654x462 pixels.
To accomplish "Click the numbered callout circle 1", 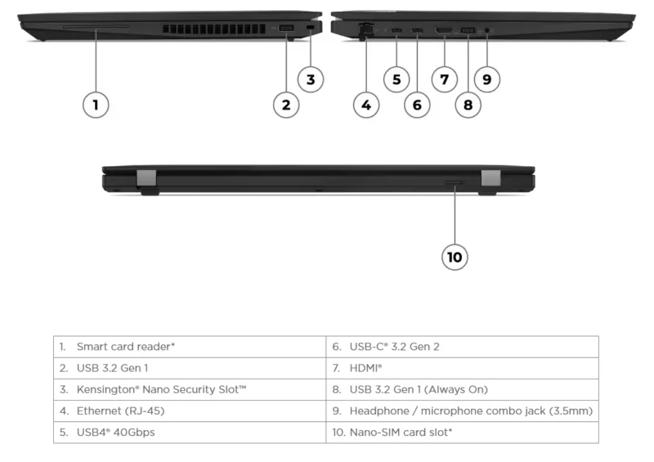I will point(96,104).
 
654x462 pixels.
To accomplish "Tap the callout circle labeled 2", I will point(285,104).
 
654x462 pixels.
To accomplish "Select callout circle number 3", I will point(310,79).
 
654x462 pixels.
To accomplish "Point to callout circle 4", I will point(366,104).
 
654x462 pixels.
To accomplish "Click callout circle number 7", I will point(444,79).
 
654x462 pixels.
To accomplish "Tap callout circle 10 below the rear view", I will point(455,257).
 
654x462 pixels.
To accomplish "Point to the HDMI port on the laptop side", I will point(444,31).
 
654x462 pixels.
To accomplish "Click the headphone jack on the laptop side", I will point(488,31).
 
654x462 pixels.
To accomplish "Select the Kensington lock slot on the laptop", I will point(310,29).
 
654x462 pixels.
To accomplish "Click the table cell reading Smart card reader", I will point(126,347).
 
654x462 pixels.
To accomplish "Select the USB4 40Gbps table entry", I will point(115,432).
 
